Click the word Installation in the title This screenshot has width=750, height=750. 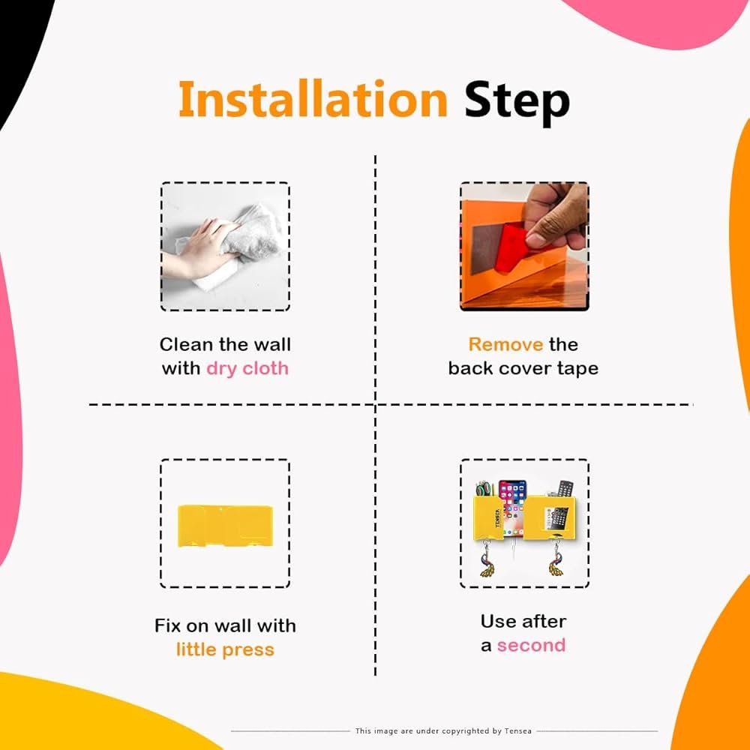pos(313,99)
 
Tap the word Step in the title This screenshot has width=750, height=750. pos(517,103)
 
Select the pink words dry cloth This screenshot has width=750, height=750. pos(247,369)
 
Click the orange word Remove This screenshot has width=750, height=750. pos(505,344)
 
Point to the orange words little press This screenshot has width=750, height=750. pos(225,649)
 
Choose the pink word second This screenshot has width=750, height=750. pos(531,645)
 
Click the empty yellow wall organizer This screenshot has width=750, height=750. pos(225,526)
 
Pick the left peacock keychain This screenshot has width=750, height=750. pos(488,559)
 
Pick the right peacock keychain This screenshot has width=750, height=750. pos(556,559)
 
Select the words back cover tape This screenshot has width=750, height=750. pos(523,369)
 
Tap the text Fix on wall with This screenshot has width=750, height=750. pos(225,625)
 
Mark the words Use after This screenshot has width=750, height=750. pos(523,621)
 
